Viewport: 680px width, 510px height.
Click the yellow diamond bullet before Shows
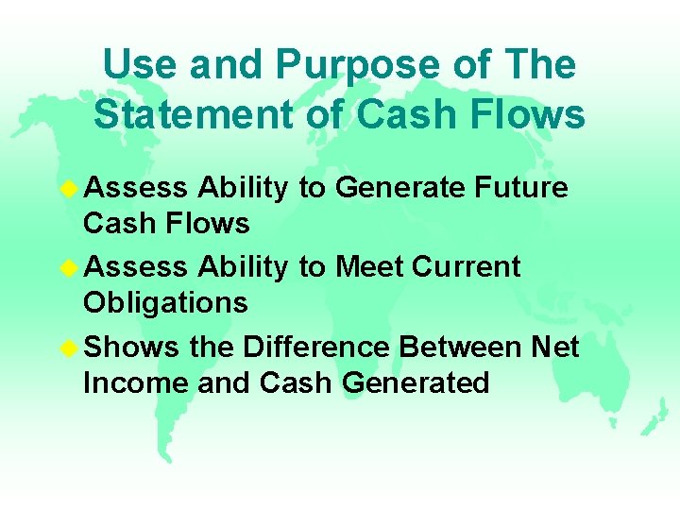(x=69, y=348)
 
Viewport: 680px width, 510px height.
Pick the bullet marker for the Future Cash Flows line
(x=69, y=189)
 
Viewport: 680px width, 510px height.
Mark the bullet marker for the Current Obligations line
(x=69, y=268)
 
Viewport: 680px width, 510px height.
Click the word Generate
(x=400, y=189)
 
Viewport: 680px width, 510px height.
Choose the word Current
(x=467, y=267)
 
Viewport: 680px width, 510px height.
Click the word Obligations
(x=165, y=303)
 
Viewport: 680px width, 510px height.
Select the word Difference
(x=315, y=348)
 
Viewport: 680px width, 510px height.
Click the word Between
(x=460, y=348)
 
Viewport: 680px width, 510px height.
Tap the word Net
(x=554, y=348)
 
